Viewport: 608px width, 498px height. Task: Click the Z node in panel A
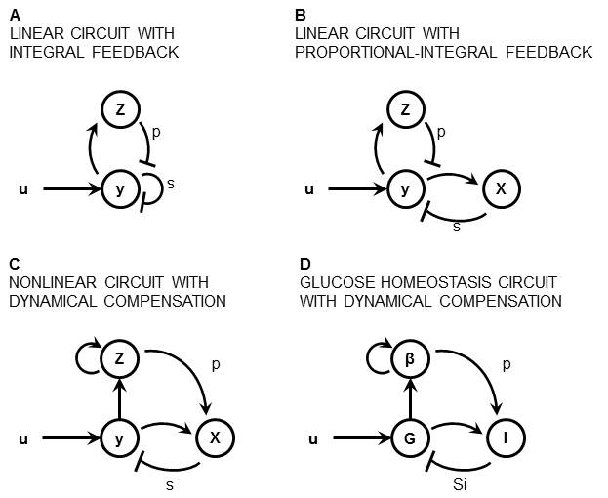coord(120,112)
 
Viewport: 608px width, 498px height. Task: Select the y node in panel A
coord(120,188)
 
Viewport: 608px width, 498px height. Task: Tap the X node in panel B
coord(501,188)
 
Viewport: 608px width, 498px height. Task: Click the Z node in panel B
coord(407,112)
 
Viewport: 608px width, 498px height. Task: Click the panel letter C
coord(14,265)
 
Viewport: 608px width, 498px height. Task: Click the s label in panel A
coord(171,183)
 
